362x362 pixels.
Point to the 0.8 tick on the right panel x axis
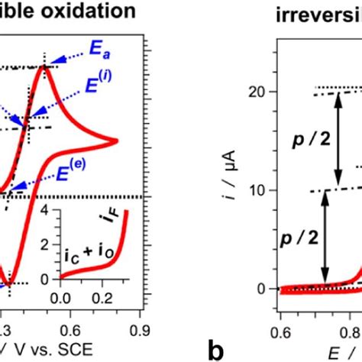pyautogui.click(x=354, y=313)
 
